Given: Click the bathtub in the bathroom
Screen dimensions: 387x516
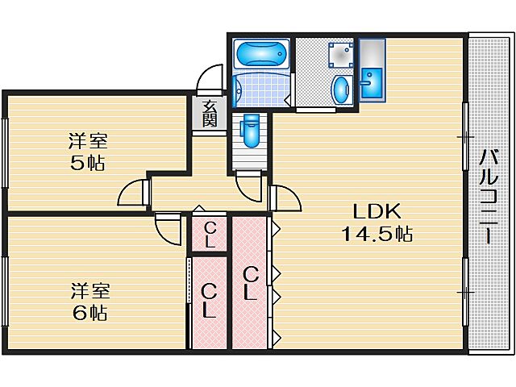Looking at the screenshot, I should (x=260, y=55).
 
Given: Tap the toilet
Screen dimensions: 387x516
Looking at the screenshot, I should (x=249, y=131).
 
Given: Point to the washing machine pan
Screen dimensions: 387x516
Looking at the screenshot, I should (x=338, y=54).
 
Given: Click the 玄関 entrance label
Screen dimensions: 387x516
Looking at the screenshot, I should (x=209, y=114).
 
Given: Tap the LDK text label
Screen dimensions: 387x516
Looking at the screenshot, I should (x=375, y=211).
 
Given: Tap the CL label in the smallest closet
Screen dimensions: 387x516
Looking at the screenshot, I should (x=210, y=235).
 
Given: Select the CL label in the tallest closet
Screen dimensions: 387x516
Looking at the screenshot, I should (x=251, y=283).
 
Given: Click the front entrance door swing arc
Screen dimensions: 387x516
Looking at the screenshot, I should (x=208, y=81).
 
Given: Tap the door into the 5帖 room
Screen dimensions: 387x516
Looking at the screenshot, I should (x=133, y=193).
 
